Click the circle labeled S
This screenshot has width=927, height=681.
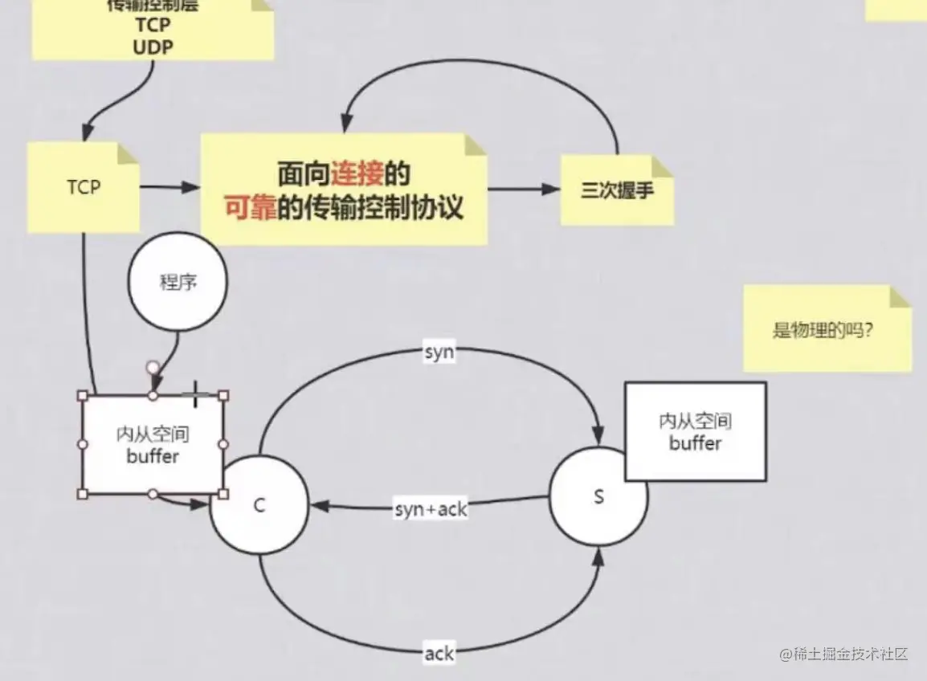(x=598, y=496)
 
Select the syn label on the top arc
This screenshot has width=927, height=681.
(x=439, y=352)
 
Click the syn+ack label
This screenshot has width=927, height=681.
(x=431, y=509)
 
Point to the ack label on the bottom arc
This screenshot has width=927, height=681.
(x=439, y=654)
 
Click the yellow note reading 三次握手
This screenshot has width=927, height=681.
(x=616, y=191)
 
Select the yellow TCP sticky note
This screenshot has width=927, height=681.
(x=84, y=188)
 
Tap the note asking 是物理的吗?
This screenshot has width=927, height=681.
(x=824, y=329)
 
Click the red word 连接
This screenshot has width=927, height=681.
(x=358, y=173)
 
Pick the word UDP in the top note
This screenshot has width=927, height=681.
(x=153, y=46)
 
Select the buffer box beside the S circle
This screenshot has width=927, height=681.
(x=696, y=431)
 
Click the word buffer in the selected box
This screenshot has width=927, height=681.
(x=153, y=457)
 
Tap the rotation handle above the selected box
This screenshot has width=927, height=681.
(x=153, y=368)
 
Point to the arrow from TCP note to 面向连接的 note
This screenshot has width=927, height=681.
(x=170, y=187)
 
